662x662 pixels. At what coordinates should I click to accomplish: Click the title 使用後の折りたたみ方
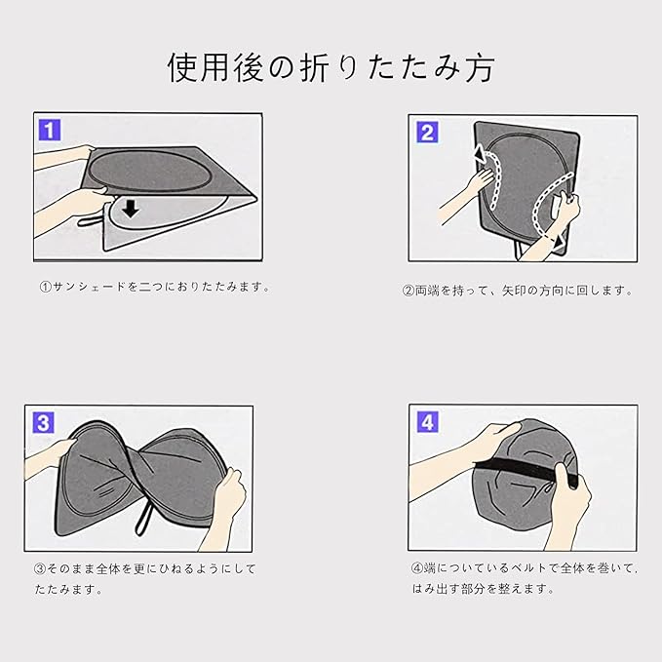coord(331,67)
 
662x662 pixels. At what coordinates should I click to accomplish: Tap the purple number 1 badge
coord(50,130)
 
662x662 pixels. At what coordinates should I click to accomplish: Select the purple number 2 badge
coord(427,133)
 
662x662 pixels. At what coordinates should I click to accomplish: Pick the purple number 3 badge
coord(44,423)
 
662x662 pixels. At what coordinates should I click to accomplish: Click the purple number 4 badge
coord(428,422)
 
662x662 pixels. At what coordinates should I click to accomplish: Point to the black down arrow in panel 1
coord(131,209)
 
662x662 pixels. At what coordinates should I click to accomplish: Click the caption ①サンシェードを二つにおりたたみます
coord(155,287)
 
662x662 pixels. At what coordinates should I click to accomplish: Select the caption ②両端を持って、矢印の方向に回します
coord(519,291)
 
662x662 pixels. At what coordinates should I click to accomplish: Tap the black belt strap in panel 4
coord(526,470)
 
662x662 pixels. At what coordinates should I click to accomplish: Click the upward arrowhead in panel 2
coord(480,154)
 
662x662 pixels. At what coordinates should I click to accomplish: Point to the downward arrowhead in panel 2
coord(560,242)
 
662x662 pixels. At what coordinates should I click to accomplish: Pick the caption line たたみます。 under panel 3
coord(68,590)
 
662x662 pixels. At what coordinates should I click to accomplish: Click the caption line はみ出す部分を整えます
coord(483,589)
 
